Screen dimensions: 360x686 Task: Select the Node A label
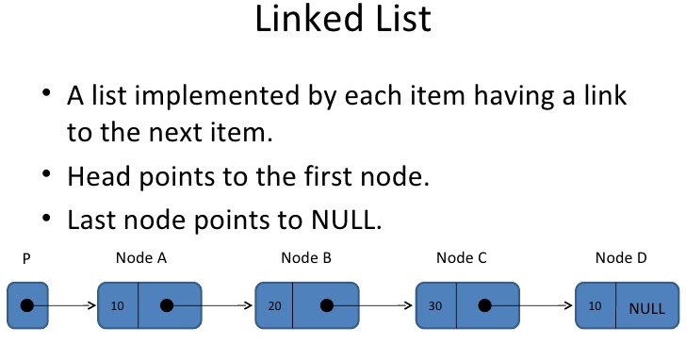pos(141,257)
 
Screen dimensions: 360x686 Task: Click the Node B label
pos(306,257)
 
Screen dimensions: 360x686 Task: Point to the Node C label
pos(462,257)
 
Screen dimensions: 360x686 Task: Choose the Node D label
pos(621,257)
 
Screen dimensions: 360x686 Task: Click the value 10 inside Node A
pos(117,306)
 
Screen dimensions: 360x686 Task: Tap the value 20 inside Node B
pos(273,306)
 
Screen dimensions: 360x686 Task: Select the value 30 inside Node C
pos(434,306)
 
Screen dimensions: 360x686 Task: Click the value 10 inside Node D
pos(594,306)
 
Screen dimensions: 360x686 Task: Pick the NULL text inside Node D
pos(647,308)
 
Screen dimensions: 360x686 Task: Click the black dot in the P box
pos(27,305)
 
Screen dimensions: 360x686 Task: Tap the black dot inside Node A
pos(167,305)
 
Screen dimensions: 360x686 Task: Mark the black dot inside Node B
pos(326,305)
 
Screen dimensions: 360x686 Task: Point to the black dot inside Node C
pos(484,305)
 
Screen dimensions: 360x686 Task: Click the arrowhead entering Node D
pos(570,305)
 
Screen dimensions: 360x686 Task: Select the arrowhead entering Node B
pos(250,305)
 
